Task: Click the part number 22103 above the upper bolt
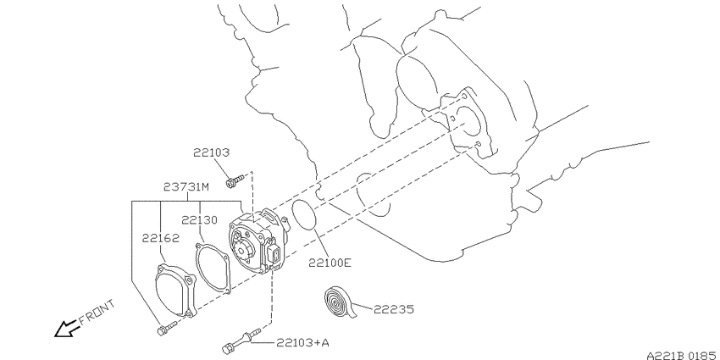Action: click(211, 152)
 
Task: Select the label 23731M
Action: click(186, 187)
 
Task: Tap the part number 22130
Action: click(199, 220)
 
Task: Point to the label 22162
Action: click(160, 238)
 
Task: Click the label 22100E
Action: click(330, 263)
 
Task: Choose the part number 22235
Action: click(394, 309)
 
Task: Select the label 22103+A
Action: click(302, 342)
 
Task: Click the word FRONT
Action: click(97, 313)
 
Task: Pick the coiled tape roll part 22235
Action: click(341, 302)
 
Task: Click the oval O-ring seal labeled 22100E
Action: click(303, 214)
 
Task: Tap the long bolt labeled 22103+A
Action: click(241, 341)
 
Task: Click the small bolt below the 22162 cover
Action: click(167, 329)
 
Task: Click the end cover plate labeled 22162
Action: click(175, 291)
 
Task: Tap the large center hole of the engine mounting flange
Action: click(468, 123)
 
